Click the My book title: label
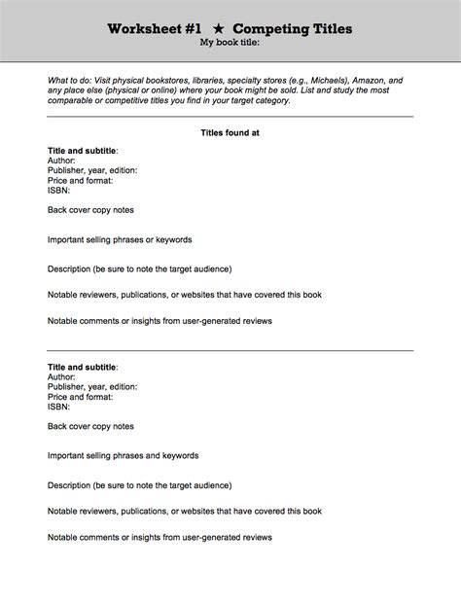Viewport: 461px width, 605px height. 230,44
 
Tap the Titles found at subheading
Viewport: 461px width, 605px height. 230,131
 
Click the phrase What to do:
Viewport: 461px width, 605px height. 73,80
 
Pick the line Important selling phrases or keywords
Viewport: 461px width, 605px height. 120,239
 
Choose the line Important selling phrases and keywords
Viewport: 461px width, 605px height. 123,455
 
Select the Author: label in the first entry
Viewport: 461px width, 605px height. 61,160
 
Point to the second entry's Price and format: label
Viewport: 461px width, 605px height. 80,397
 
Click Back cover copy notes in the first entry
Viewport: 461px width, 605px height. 90,210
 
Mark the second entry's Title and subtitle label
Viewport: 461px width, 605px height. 83,368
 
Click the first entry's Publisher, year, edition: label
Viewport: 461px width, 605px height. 92,170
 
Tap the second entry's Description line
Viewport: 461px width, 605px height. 139,483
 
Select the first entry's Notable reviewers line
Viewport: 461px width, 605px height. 184,294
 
